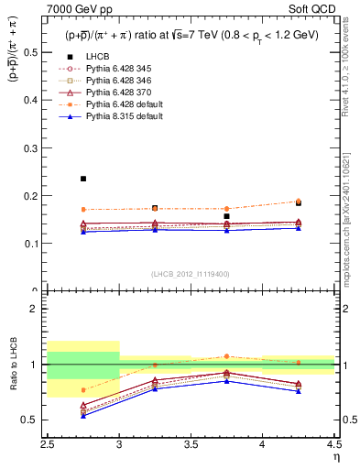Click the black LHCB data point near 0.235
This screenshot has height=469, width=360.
83,179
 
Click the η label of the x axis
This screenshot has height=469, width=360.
335,460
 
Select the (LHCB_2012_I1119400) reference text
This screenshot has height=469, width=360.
191,274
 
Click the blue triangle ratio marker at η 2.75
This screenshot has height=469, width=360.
83,415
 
